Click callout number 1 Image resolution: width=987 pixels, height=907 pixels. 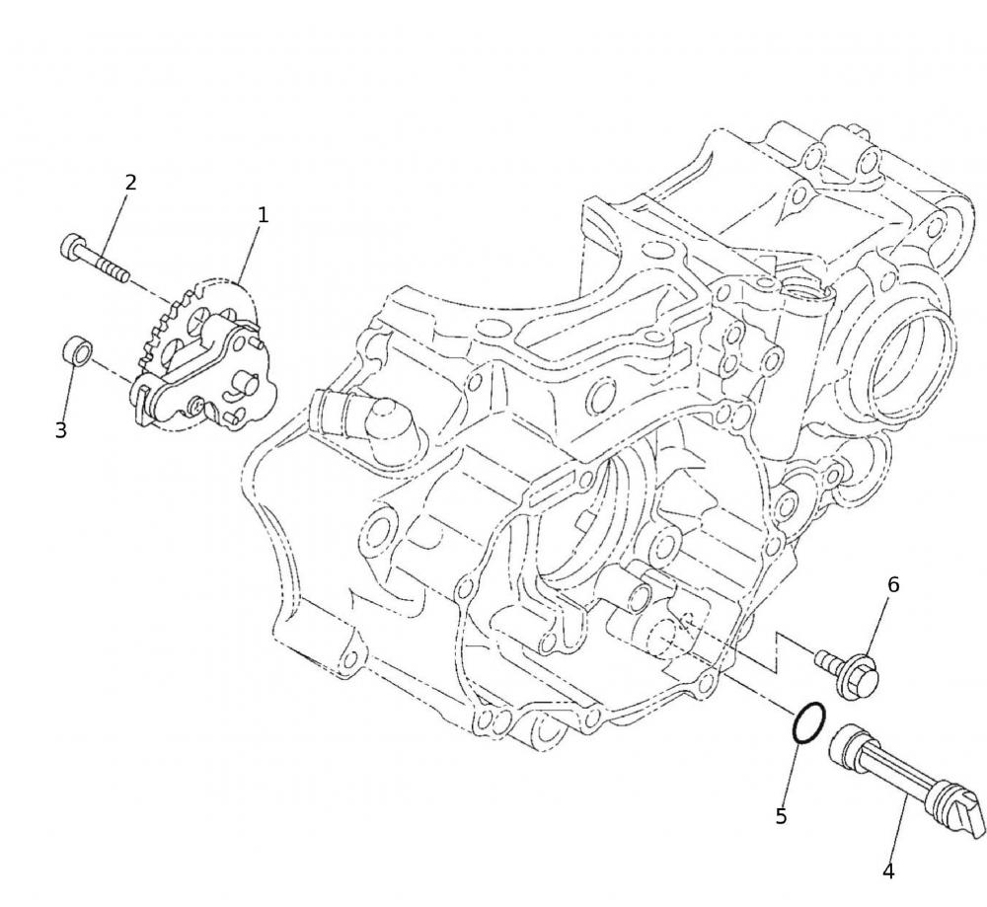tap(264, 215)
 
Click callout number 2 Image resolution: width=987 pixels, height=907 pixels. tap(130, 183)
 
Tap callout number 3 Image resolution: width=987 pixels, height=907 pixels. tap(60, 430)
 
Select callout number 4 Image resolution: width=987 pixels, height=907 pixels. tap(888, 871)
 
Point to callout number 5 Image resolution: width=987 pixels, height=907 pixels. tap(781, 816)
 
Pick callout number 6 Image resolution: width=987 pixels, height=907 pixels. tap(893, 584)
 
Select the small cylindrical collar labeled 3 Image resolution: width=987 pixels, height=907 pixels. tap(77, 350)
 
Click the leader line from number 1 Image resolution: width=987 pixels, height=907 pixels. tap(249, 254)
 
